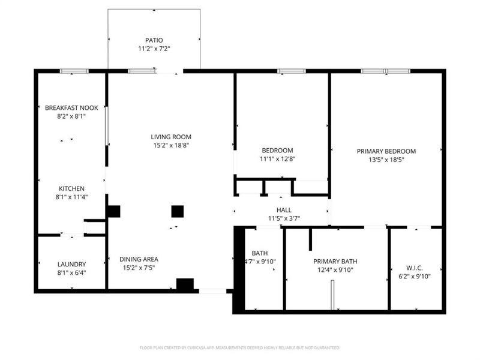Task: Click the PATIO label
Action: point(154,40)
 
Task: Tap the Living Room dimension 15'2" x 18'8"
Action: point(170,145)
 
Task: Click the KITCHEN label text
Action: point(71,188)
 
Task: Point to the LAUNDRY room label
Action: point(71,264)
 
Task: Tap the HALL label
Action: point(284,210)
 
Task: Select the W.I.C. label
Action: point(415,268)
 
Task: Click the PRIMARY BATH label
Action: point(335,262)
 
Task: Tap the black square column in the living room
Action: point(177,211)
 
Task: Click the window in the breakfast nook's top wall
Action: point(74,71)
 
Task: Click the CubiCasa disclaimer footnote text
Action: point(240,347)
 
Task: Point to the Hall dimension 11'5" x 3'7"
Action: point(284,218)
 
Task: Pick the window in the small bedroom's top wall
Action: point(291,71)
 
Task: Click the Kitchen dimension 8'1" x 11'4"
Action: point(71,197)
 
